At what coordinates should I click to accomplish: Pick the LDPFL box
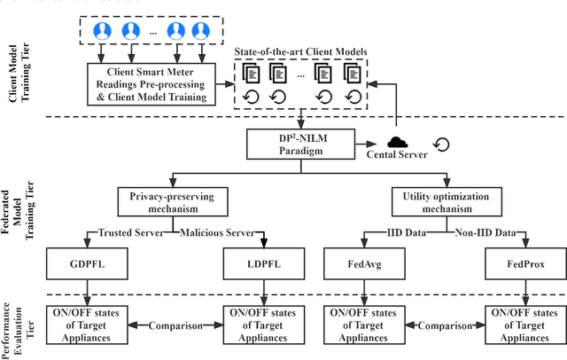[264, 263]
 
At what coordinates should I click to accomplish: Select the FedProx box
[524, 263]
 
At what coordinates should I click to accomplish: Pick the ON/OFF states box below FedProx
[524, 325]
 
